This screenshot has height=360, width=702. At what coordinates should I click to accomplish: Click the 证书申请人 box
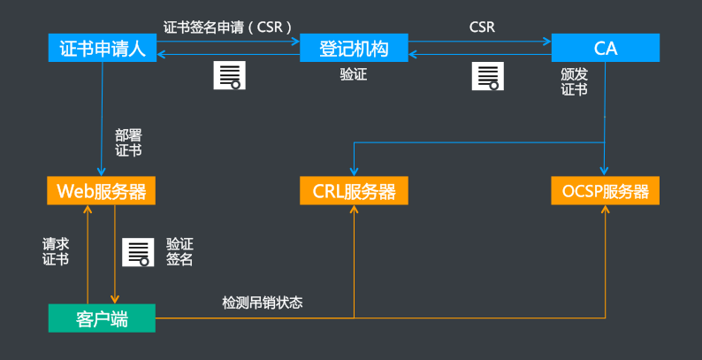point(101,48)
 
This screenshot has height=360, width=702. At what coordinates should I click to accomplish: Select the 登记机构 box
point(354,48)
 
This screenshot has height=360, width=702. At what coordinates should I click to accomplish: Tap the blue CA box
point(606,48)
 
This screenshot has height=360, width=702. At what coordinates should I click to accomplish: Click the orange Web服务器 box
point(101,191)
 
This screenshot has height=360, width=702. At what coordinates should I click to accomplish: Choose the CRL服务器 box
point(354,191)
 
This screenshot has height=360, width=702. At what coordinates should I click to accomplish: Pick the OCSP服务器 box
point(606,191)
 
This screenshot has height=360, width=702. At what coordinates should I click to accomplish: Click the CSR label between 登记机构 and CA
point(482,27)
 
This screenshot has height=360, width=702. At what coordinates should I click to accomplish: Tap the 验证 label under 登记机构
point(353,75)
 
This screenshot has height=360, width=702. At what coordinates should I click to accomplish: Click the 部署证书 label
point(128,142)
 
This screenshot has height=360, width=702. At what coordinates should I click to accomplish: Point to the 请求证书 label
point(56,250)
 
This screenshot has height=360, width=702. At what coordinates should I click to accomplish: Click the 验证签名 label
point(179,251)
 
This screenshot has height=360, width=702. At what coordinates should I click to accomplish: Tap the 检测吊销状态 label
point(262,303)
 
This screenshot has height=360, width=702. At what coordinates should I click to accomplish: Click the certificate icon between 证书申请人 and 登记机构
point(228,76)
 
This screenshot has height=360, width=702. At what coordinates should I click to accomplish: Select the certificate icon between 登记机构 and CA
point(485,76)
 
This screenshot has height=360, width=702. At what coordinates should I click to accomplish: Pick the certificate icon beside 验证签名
point(136,252)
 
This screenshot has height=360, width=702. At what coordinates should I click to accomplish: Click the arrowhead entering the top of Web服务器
point(101,173)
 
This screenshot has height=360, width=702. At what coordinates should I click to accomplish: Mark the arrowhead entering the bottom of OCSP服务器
point(606,210)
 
